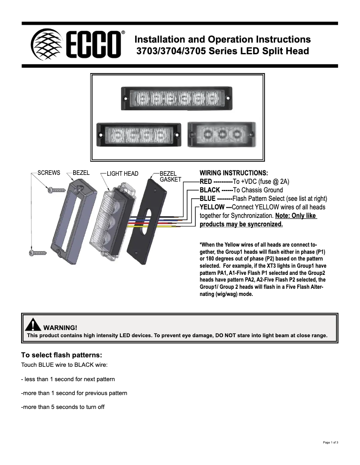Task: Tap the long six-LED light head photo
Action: pos(178,97)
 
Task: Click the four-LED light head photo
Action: pos(140,134)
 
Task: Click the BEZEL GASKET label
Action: pos(170,176)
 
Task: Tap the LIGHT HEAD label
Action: pos(122,174)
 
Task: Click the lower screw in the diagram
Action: pos(38,253)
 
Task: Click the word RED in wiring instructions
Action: pos(206,182)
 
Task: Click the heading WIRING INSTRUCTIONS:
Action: pos(233,173)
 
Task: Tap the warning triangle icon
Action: pos(33,325)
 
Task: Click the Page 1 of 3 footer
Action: pos(330,443)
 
